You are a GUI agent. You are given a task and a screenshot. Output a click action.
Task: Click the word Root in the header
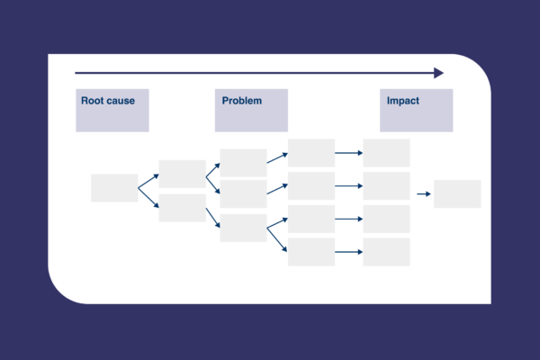click(91, 101)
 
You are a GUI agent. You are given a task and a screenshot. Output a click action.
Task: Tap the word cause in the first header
click(120, 101)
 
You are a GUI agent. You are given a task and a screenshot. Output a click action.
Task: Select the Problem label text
click(242, 101)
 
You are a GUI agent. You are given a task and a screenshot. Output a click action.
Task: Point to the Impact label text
click(403, 101)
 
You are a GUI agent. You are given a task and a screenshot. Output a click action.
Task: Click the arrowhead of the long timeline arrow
click(439, 73)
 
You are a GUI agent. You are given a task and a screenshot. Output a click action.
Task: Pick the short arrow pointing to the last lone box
click(424, 194)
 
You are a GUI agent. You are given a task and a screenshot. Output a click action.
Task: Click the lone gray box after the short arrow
click(457, 194)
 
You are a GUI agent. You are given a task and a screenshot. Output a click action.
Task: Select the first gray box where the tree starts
click(114, 188)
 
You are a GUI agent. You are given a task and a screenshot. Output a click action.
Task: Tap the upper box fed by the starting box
click(182, 174)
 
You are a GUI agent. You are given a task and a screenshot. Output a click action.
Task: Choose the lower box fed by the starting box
click(182, 208)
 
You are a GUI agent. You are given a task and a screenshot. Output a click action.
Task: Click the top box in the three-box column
click(243, 163)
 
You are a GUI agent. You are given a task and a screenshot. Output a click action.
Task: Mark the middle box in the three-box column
click(243, 194)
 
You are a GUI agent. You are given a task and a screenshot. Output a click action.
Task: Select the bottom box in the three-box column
click(243, 228)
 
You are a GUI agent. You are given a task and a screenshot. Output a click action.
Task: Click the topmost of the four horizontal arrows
click(349, 153)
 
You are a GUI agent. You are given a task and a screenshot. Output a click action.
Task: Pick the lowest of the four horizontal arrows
click(349, 252)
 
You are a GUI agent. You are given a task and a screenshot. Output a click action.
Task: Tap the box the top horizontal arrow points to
click(386, 153)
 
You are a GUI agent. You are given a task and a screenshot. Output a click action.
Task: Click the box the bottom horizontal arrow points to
click(386, 252)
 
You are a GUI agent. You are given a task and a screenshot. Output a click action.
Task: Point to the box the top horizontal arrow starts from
click(311, 153)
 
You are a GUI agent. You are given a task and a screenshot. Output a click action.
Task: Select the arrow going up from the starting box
click(148, 181)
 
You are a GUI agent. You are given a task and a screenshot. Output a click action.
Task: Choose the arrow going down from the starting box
click(148, 198)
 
